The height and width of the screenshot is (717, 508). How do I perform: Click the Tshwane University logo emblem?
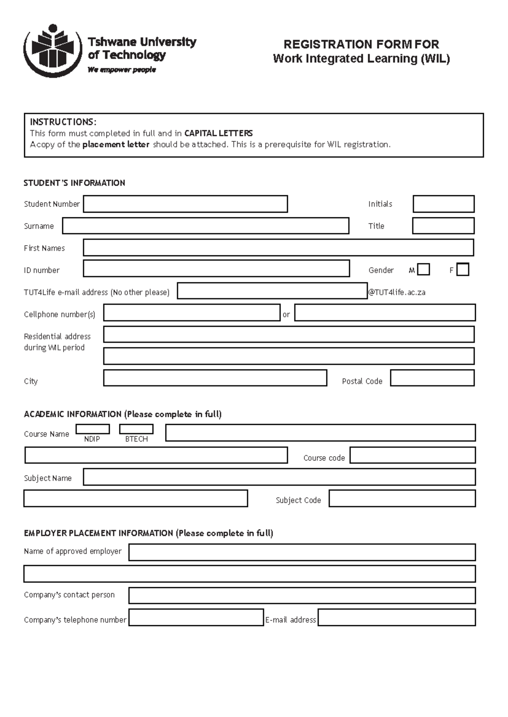(x=52, y=51)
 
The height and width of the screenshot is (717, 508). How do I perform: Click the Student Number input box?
(x=185, y=204)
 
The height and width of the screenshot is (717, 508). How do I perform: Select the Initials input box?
(x=443, y=204)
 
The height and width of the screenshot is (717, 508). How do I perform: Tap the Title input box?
(x=443, y=226)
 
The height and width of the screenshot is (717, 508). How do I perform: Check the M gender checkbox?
(x=423, y=270)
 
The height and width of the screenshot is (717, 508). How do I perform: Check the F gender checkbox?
(x=463, y=270)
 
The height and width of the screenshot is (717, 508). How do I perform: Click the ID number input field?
(x=216, y=269)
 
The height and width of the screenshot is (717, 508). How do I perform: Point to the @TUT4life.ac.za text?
(x=397, y=293)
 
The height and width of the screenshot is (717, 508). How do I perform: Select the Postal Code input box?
(x=432, y=378)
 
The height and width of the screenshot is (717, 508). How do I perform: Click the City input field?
(x=215, y=378)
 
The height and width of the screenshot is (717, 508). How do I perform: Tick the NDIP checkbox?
(x=92, y=429)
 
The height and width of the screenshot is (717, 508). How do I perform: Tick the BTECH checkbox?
(x=136, y=429)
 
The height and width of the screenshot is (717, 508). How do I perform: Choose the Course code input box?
(x=412, y=455)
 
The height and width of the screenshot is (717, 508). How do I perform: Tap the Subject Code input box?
(x=402, y=498)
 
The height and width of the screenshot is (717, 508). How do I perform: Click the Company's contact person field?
(x=301, y=595)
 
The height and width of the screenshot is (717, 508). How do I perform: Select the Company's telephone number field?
(x=196, y=618)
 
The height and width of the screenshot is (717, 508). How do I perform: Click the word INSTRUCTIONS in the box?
(x=63, y=122)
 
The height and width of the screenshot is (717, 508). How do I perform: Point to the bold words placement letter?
(x=116, y=145)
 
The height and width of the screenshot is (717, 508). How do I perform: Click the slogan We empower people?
(x=121, y=70)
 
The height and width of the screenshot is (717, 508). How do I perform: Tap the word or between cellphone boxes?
(x=286, y=315)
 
